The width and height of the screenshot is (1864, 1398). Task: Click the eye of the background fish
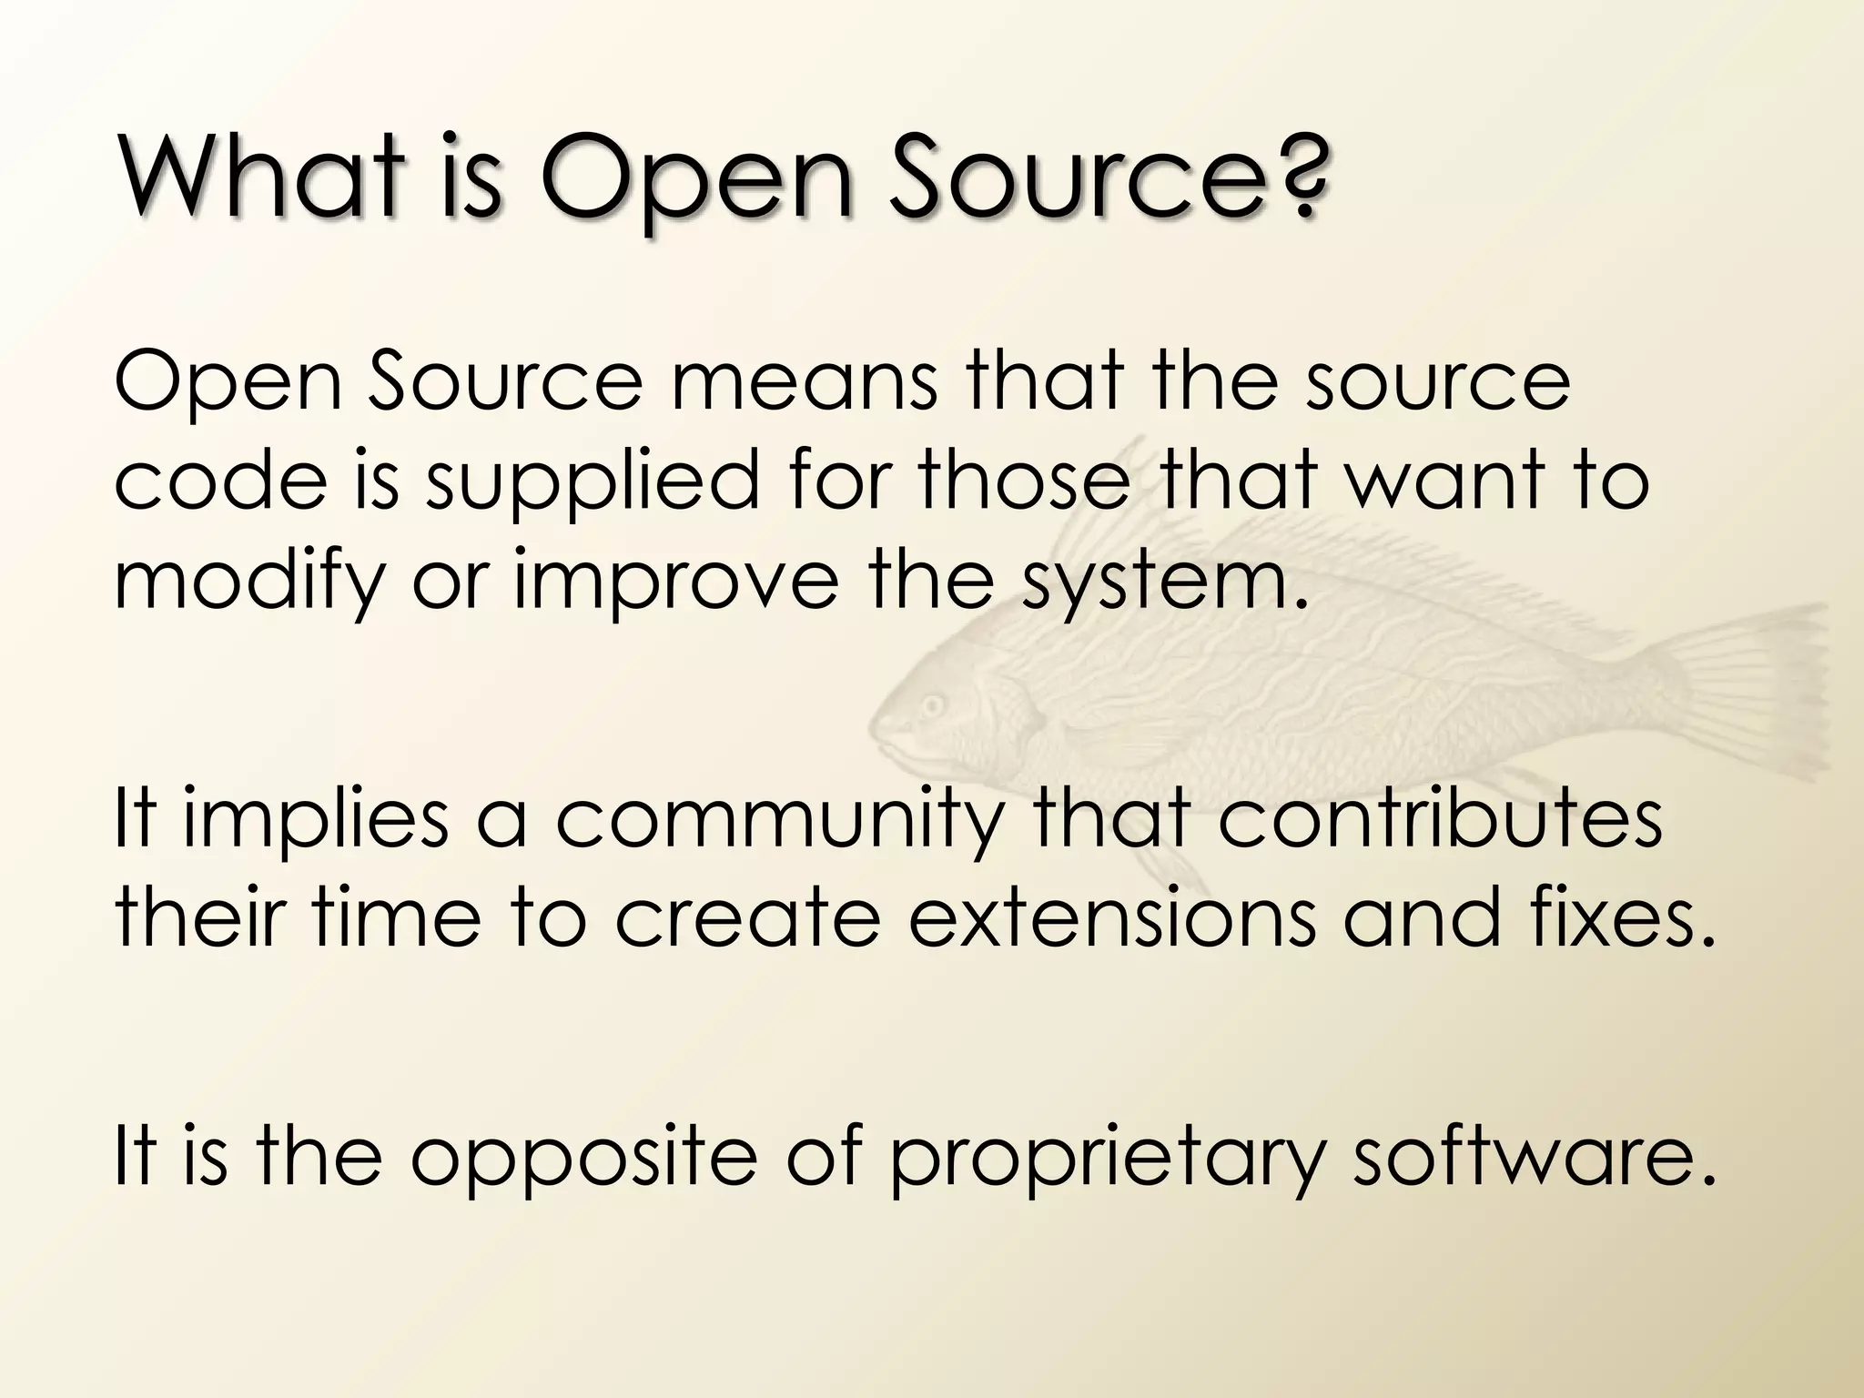(x=932, y=705)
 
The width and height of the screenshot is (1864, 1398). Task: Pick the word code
(x=219, y=482)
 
